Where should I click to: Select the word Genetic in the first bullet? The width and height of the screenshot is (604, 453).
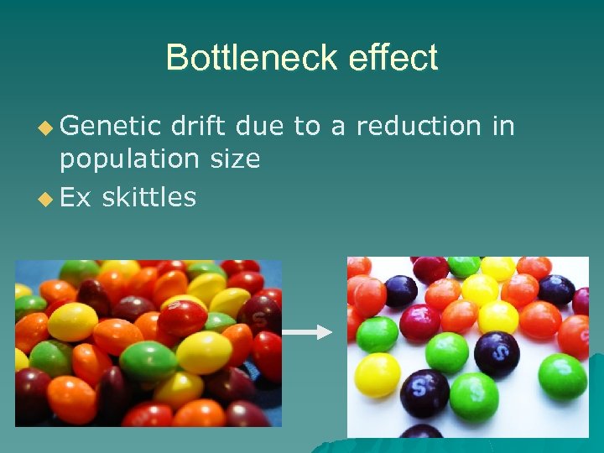click(x=110, y=126)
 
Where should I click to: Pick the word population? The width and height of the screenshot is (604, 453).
click(x=131, y=159)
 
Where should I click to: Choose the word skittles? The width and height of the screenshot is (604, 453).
click(x=148, y=197)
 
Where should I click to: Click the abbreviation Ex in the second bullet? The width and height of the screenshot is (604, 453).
click(x=75, y=197)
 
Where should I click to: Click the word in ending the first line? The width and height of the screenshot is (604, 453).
click(x=502, y=126)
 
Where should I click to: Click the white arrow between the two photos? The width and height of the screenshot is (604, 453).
click(x=307, y=333)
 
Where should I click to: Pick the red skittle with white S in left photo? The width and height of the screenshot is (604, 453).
click(x=182, y=317)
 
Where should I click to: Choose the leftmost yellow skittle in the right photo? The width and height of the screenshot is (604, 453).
click(x=377, y=374)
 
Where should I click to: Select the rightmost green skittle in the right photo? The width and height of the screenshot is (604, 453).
click(x=562, y=377)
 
